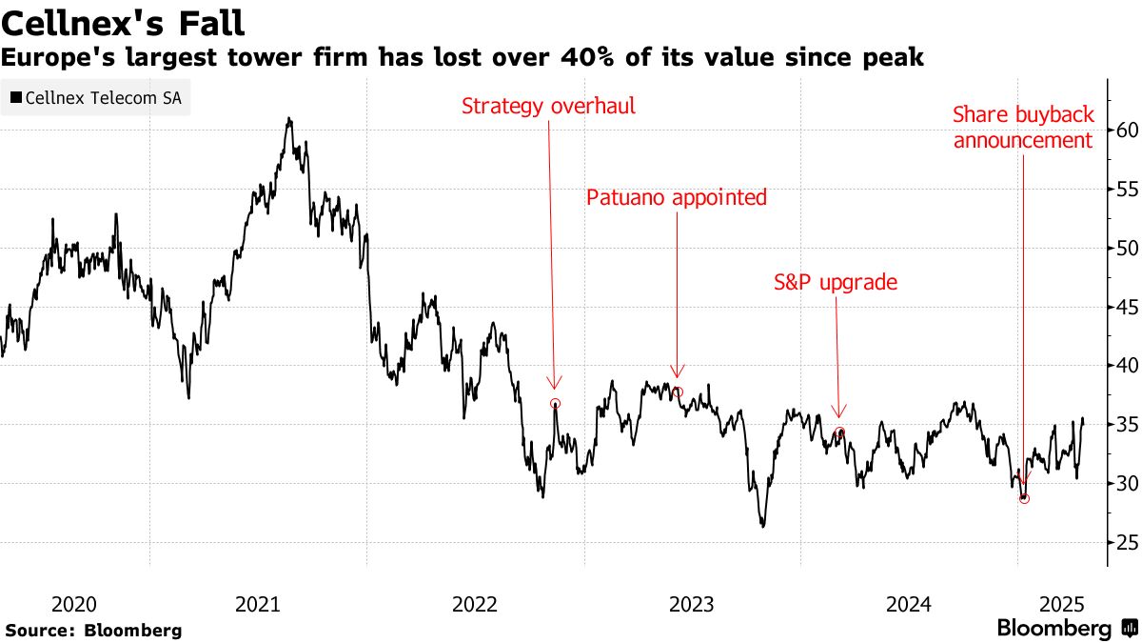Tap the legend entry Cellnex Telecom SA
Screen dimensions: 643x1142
(x=95, y=97)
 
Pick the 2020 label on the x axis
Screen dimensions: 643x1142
(x=74, y=604)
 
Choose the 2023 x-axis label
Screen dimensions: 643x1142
(x=691, y=604)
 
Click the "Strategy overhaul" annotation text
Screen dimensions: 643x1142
(x=548, y=106)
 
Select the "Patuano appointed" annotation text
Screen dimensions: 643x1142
(x=676, y=198)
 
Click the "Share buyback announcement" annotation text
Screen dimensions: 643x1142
(x=1023, y=128)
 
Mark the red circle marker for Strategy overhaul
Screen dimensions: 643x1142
(x=556, y=404)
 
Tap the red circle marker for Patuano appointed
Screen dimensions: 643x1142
(x=678, y=392)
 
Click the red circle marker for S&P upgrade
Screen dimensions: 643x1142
(x=839, y=432)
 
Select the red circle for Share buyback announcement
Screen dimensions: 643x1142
(x=1024, y=498)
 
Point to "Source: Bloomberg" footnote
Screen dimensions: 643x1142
(x=93, y=631)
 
